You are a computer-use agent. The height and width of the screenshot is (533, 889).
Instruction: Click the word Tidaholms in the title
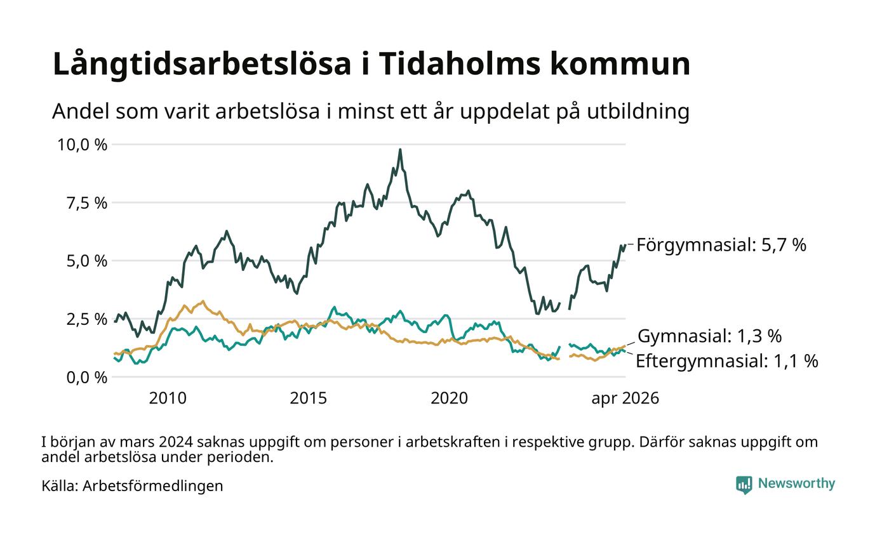point(459,63)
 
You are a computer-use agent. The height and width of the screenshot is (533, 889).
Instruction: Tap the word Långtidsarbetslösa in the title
point(202,65)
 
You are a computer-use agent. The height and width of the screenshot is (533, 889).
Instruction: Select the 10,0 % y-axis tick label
point(82,145)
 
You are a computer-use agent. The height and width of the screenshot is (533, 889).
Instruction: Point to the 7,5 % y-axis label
point(87,203)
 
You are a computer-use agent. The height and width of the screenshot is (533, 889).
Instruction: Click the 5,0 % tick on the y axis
point(87,261)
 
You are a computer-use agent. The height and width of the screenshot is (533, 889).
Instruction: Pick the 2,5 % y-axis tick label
point(87,319)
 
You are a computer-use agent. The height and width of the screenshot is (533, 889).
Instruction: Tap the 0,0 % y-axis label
point(87,378)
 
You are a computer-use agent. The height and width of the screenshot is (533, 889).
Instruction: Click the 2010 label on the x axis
point(168,398)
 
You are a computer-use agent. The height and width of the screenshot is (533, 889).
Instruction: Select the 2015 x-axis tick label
point(309,398)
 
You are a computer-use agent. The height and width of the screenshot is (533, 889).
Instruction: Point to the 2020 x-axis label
point(450,398)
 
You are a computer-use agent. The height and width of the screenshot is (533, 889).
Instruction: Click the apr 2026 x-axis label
point(625,398)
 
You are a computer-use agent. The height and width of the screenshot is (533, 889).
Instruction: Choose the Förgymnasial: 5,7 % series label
point(721,245)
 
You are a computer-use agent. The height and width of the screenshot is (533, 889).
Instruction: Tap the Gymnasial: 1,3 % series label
point(710,336)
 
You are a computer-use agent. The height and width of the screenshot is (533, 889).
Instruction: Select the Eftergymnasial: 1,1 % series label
point(727,361)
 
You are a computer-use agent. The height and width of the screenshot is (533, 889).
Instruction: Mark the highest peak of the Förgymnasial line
point(400,150)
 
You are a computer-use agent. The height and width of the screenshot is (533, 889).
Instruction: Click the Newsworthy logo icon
point(744,485)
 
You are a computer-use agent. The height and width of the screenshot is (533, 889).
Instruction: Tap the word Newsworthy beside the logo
point(796,484)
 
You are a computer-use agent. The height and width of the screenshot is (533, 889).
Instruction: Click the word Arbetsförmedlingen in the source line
point(153,486)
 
